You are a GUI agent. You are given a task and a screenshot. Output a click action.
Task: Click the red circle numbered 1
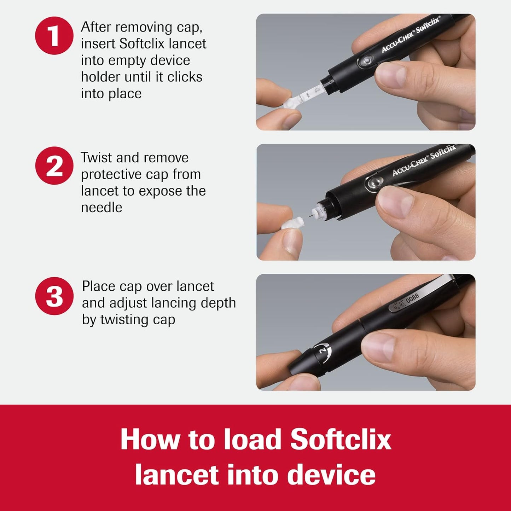coord(54,35)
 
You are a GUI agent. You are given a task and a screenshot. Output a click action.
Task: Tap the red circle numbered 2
coord(54,166)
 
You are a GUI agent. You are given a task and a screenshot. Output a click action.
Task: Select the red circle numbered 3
coord(54,296)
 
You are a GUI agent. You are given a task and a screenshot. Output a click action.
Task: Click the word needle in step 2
coord(101,208)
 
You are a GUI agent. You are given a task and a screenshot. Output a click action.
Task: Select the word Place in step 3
coord(99,286)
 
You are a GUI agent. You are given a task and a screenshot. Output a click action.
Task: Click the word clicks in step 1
coord(185,77)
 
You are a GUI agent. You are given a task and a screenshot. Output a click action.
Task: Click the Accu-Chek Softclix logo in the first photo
coord(410,35)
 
